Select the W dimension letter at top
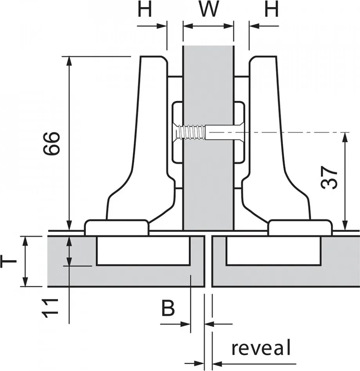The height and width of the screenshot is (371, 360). [x=208, y=10]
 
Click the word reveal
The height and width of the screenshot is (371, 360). [x=261, y=348]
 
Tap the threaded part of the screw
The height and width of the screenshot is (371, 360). [x=191, y=132]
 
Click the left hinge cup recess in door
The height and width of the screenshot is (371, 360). [x=143, y=251]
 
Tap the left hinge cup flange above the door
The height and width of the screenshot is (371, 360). [x=117, y=227]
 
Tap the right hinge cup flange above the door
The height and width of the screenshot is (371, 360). [x=300, y=227]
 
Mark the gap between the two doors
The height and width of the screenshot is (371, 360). [x=208, y=261]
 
